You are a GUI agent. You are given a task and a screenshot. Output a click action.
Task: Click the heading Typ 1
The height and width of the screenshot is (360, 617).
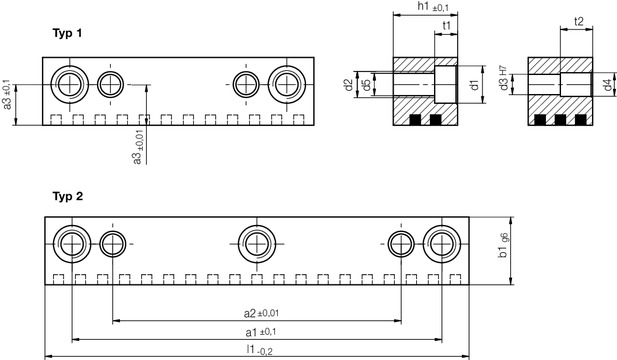(67, 33)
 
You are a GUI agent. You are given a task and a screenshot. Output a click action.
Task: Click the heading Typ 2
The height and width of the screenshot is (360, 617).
(67, 196)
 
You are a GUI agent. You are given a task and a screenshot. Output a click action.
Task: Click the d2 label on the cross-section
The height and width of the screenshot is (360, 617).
(349, 86)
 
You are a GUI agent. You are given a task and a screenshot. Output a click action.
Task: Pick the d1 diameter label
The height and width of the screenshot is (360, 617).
(475, 87)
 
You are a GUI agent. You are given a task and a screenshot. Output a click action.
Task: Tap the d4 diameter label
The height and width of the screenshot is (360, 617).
(607, 87)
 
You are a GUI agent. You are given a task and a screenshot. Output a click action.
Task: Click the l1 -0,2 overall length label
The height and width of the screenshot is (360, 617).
(258, 349)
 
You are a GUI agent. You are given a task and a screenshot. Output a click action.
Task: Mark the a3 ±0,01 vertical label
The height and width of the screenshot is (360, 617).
(137, 145)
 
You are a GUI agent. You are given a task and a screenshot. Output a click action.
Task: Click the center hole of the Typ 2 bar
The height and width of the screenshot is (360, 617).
(258, 242)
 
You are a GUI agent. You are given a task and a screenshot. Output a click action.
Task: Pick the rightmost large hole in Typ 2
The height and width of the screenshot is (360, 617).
(442, 242)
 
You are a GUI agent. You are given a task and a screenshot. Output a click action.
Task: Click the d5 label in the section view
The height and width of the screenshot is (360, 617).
(367, 86)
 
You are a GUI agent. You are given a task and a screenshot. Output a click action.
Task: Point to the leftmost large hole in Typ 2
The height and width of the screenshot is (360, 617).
(72, 242)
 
